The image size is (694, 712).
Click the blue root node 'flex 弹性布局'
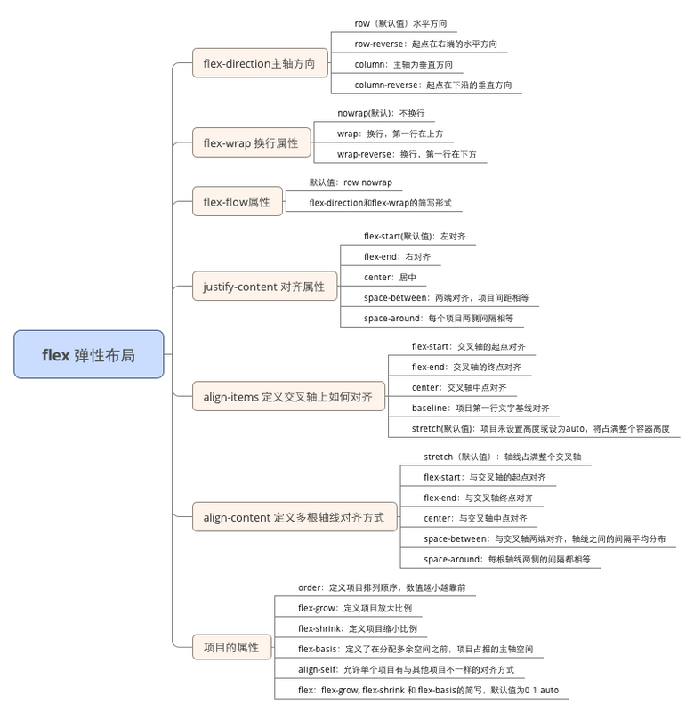click(88, 354)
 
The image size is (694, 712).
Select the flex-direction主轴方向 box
click(260, 63)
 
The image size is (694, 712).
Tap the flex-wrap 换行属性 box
click(252, 142)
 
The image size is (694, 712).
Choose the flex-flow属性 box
click(238, 201)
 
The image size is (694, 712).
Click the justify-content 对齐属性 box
click(264, 286)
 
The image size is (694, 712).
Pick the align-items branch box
click(288, 396)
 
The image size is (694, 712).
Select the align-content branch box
click(295, 517)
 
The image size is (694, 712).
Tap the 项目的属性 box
click(232, 647)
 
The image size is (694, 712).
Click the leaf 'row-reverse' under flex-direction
click(426, 44)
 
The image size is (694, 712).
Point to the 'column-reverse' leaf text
click(433, 85)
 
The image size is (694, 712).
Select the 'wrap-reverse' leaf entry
click(407, 154)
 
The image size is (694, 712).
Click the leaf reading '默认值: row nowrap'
click(351, 182)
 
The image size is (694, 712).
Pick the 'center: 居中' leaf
click(390, 277)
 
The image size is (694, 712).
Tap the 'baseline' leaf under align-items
click(480, 408)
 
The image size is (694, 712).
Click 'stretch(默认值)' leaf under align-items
click(541, 428)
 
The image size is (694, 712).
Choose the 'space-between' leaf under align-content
click(545, 538)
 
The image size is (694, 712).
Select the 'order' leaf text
click(382, 587)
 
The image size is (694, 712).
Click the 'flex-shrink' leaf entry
click(358, 628)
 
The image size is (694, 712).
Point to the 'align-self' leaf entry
click(407, 669)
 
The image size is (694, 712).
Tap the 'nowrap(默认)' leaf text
click(381, 113)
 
